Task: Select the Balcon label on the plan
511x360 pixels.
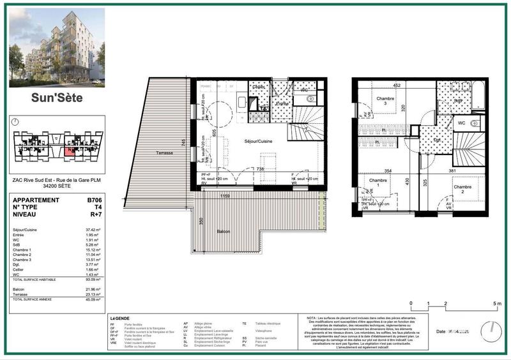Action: click(223, 231)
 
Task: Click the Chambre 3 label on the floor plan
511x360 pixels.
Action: click(385, 101)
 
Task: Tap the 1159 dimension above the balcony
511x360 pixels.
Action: click(225, 196)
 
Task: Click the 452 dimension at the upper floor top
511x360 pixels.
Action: click(396, 85)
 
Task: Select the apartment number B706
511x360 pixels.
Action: click(96, 200)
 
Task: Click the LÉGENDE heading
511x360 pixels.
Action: click(119, 319)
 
